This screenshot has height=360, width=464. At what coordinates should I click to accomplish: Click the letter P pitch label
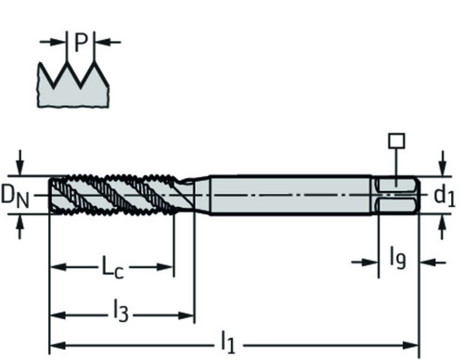[82, 43]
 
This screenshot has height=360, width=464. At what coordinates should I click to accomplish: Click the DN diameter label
[15, 196]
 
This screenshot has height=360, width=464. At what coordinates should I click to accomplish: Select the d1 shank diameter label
[445, 196]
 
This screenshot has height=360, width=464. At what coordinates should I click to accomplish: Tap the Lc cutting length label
[113, 267]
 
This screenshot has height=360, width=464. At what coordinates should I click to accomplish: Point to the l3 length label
[121, 312]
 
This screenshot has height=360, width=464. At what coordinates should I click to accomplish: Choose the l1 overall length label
[228, 342]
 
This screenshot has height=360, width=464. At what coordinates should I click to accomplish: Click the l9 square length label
[397, 257]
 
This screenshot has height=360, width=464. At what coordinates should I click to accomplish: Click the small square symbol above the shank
[396, 141]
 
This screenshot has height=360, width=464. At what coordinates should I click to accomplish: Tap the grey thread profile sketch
[73, 85]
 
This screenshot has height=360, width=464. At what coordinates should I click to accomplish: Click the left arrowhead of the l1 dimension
[58, 345]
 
